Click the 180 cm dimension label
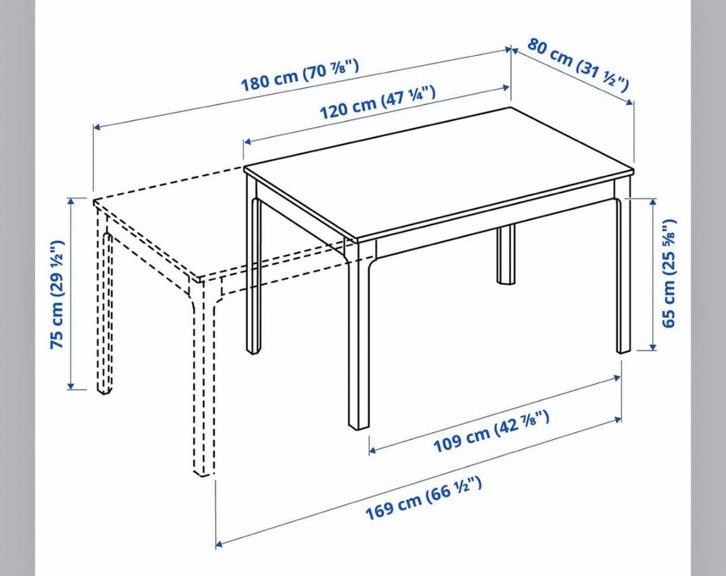pos(299,74)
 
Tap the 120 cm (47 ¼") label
pos(377,102)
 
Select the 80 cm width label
pos(577,65)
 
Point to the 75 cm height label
pos(57,294)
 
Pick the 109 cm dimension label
pos(492,431)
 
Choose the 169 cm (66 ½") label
pos(423,499)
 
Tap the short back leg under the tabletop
pos(506,254)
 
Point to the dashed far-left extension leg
pos(104,301)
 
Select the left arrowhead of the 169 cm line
pos(219,544)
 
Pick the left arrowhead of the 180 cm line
pos(97,126)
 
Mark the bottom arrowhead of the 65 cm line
pos(653,347)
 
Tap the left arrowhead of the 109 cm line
pos(373,450)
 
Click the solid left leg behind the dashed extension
pos(253,266)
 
